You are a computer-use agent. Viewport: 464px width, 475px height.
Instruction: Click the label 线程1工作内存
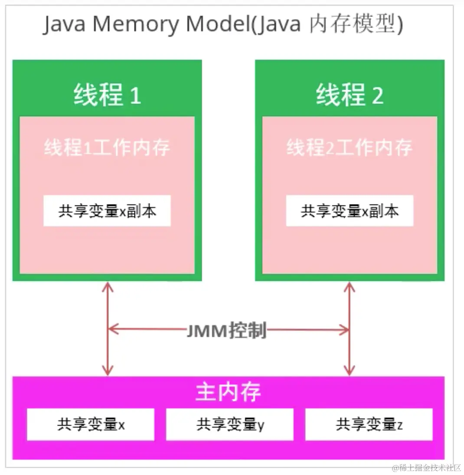pyautogui.click(x=107, y=148)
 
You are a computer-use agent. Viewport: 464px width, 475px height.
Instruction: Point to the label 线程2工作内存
pyautogui.click(x=350, y=148)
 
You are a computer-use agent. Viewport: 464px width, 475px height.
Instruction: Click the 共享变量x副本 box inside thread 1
pyautogui.click(x=107, y=211)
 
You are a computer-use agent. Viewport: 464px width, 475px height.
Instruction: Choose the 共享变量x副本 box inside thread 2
pyautogui.click(x=350, y=211)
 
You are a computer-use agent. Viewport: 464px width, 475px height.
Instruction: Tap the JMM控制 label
pyautogui.click(x=226, y=331)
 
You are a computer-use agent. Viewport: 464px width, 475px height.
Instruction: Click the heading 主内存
pyautogui.click(x=228, y=392)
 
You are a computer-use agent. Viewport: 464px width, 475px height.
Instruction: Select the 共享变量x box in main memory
pyautogui.click(x=91, y=424)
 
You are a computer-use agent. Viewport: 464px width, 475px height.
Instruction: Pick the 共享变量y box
pyautogui.click(x=230, y=424)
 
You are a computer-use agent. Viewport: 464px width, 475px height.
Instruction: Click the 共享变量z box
pyautogui.click(x=369, y=424)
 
